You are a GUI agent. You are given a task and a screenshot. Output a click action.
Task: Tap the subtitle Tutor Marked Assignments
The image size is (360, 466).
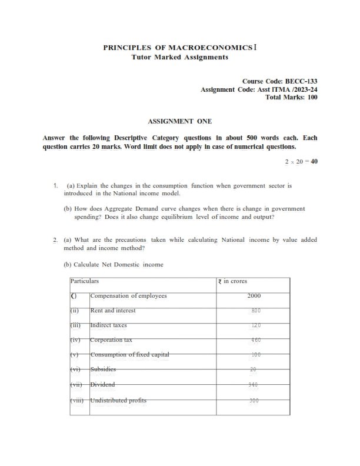pyautogui.click(x=180, y=57)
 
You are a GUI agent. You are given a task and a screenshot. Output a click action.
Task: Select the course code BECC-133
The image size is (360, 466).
pyautogui.click(x=302, y=80)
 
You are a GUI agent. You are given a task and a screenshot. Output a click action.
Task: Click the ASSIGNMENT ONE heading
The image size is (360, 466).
pyautogui.click(x=180, y=121)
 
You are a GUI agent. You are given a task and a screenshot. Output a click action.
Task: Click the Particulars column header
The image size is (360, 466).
pyautogui.click(x=85, y=281)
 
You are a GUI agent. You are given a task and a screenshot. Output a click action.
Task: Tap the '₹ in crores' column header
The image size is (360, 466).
pyautogui.click(x=233, y=281)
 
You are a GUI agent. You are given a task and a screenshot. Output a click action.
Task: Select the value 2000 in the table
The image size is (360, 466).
pyautogui.click(x=254, y=295)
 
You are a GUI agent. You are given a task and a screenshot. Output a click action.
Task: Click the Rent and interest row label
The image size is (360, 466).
pyautogui.click(x=112, y=310)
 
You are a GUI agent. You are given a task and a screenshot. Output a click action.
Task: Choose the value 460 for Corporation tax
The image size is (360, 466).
pyautogui.click(x=255, y=340)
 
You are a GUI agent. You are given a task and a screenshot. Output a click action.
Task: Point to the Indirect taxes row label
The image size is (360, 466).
pyautogui.click(x=108, y=325)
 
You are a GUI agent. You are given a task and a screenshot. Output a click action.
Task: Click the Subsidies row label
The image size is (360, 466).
pyautogui.click(x=103, y=370)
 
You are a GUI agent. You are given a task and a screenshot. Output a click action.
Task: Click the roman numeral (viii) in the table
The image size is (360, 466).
pyautogui.click(x=78, y=400)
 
